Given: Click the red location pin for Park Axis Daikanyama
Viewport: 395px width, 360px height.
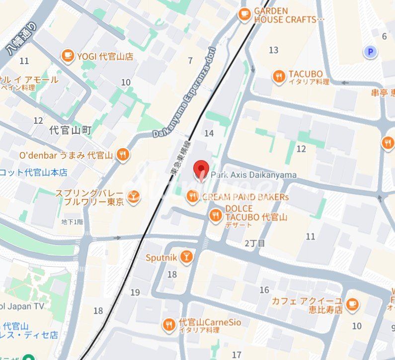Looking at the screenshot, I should point(201,170).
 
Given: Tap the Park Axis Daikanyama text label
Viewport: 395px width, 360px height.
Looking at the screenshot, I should point(253,175).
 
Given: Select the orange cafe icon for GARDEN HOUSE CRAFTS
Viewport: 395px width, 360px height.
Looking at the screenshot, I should point(244,15).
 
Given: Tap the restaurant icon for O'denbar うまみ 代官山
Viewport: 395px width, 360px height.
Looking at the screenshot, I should point(123,155).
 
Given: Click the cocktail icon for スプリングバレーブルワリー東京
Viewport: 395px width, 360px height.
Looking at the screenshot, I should point(133,197).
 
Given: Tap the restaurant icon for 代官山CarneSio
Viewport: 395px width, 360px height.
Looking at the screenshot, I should point(169,326).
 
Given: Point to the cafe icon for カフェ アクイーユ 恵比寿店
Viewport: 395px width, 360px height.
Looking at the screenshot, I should point(352,304).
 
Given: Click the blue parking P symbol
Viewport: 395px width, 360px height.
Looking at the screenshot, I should point(370,52).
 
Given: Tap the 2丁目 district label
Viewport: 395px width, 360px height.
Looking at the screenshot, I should point(255,243).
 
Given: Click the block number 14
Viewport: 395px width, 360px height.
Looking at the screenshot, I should point(209,133).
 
